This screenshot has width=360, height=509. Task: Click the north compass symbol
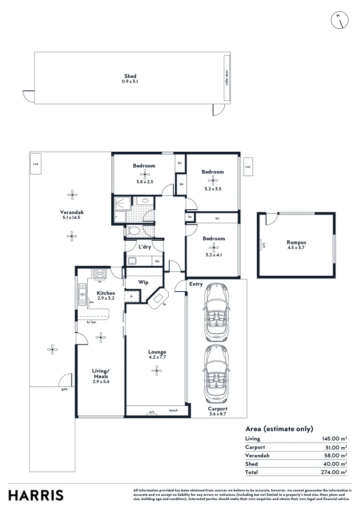(x=340, y=19)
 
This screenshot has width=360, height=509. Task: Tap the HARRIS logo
(x=36, y=495)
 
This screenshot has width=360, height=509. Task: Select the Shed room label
(x=130, y=76)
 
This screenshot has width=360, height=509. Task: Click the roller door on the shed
(x=227, y=78)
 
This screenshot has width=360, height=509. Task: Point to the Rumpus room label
(x=296, y=243)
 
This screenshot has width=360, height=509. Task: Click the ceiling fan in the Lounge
(x=156, y=371)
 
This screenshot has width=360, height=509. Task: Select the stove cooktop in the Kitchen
(x=100, y=273)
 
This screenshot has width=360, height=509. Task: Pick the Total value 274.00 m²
(x=334, y=472)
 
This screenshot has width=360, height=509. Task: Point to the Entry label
(x=196, y=284)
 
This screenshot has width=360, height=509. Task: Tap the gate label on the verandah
(x=64, y=389)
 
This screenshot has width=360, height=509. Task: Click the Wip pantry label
(x=143, y=282)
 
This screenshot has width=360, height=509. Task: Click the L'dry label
(x=144, y=247)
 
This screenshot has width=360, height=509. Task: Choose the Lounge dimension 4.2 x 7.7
(x=157, y=357)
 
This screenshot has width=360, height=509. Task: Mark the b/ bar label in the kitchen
(x=91, y=322)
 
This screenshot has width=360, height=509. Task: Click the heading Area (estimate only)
(x=279, y=429)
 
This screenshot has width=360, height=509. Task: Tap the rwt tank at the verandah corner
(x=35, y=164)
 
